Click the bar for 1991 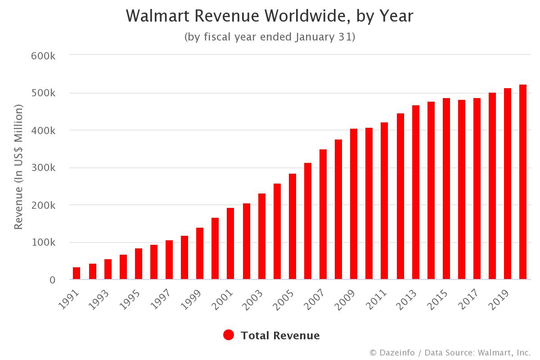pyautogui.click(x=76, y=274)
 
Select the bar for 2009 pyautogui.click(x=354, y=204)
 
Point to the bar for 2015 pyautogui.click(x=446, y=189)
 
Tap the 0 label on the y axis pyautogui.click(x=53, y=280)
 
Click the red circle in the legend pyautogui.click(x=229, y=335)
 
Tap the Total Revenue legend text pyautogui.click(x=280, y=336)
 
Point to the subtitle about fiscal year pyautogui.click(x=270, y=37)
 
